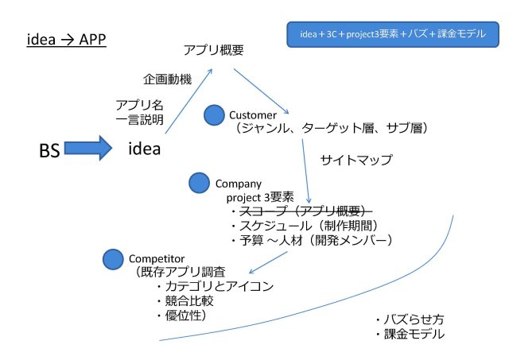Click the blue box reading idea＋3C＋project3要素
[x=392, y=36]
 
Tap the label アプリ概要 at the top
[x=213, y=50]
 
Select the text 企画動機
[x=167, y=80]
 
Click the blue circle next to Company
[x=199, y=184]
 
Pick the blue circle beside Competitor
[x=114, y=258]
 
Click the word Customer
[x=252, y=115]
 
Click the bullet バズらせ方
[x=409, y=319]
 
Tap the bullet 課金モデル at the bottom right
[x=409, y=335]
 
